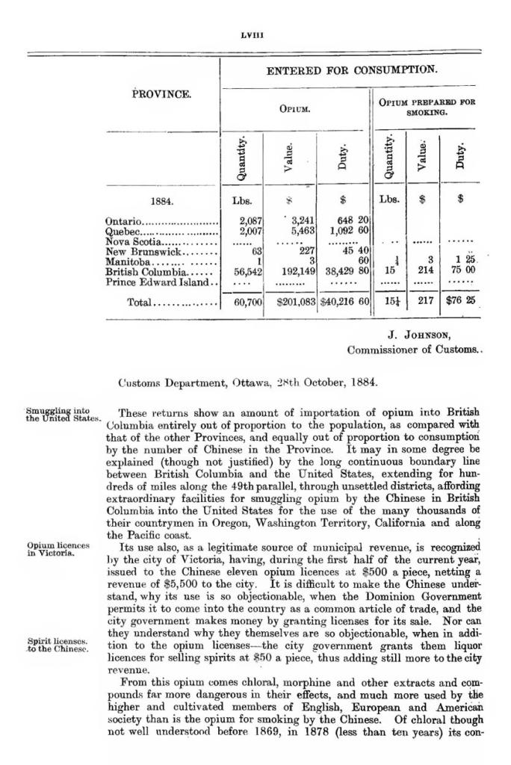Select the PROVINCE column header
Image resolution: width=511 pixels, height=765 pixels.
(x=162, y=95)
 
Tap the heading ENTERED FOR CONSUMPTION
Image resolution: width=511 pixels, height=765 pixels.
(x=352, y=70)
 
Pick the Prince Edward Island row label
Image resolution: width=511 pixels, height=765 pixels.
(x=161, y=283)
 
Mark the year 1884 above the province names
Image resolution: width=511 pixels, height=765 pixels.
(x=163, y=200)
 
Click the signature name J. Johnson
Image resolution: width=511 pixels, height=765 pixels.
(x=420, y=335)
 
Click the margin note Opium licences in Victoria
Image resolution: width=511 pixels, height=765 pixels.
(x=58, y=549)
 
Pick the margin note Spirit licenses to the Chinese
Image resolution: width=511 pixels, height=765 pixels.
(x=59, y=645)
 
